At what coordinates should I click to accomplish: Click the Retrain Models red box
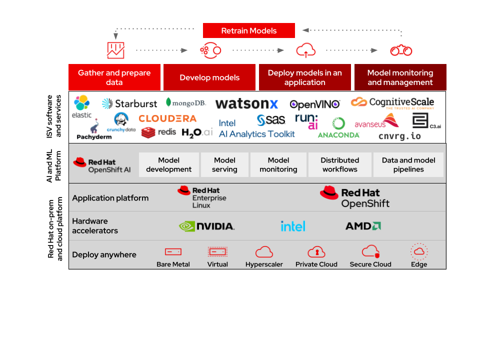(x=248, y=30)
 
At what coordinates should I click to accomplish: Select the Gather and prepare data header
(x=114, y=77)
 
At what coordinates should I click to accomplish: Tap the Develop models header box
(x=209, y=77)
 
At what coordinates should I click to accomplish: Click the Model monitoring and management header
(x=400, y=77)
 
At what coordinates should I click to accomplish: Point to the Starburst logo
(x=129, y=103)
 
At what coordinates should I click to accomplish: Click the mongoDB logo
(x=186, y=102)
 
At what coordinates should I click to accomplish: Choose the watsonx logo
(x=246, y=104)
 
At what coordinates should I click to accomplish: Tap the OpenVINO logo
(x=315, y=104)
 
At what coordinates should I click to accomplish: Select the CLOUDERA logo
(x=167, y=118)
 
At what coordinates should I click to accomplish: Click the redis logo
(x=158, y=132)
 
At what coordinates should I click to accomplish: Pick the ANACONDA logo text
(x=338, y=135)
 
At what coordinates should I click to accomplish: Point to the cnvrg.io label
(x=399, y=136)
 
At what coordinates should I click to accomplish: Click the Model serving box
(x=224, y=165)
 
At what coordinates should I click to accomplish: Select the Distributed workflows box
(x=339, y=165)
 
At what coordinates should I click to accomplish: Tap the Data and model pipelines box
(x=408, y=165)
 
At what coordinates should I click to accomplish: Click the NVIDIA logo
(x=206, y=226)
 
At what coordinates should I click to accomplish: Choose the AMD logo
(x=363, y=226)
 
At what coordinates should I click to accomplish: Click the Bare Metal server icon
(x=173, y=252)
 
